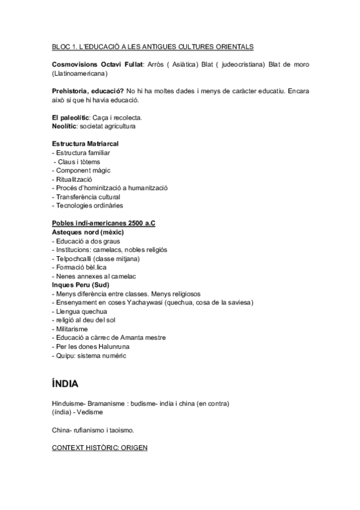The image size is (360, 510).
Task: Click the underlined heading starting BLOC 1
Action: click(x=153, y=46)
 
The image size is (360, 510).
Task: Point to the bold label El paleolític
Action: click(x=70, y=117)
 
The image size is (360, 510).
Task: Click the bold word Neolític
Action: click(x=66, y=126)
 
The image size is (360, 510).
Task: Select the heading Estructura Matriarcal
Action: click(x=85, y=144)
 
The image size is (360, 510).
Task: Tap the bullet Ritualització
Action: click(x=74, y=179)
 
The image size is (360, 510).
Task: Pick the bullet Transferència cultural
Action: click(x=88, y=197)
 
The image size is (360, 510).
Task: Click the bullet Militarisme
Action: click(x=72, y=329)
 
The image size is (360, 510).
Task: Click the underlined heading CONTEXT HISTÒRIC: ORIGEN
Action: click(x=99, y=448)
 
